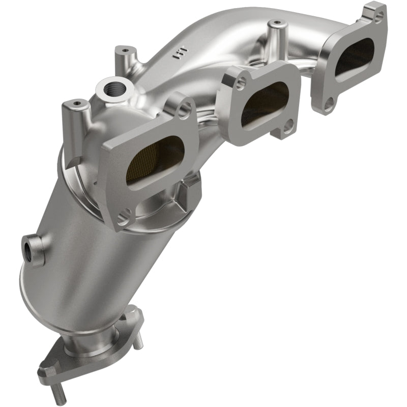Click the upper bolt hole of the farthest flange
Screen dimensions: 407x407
378,16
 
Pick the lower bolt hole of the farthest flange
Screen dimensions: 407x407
329,104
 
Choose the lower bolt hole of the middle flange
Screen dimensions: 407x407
288,125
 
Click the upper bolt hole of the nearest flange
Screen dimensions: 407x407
185,108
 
